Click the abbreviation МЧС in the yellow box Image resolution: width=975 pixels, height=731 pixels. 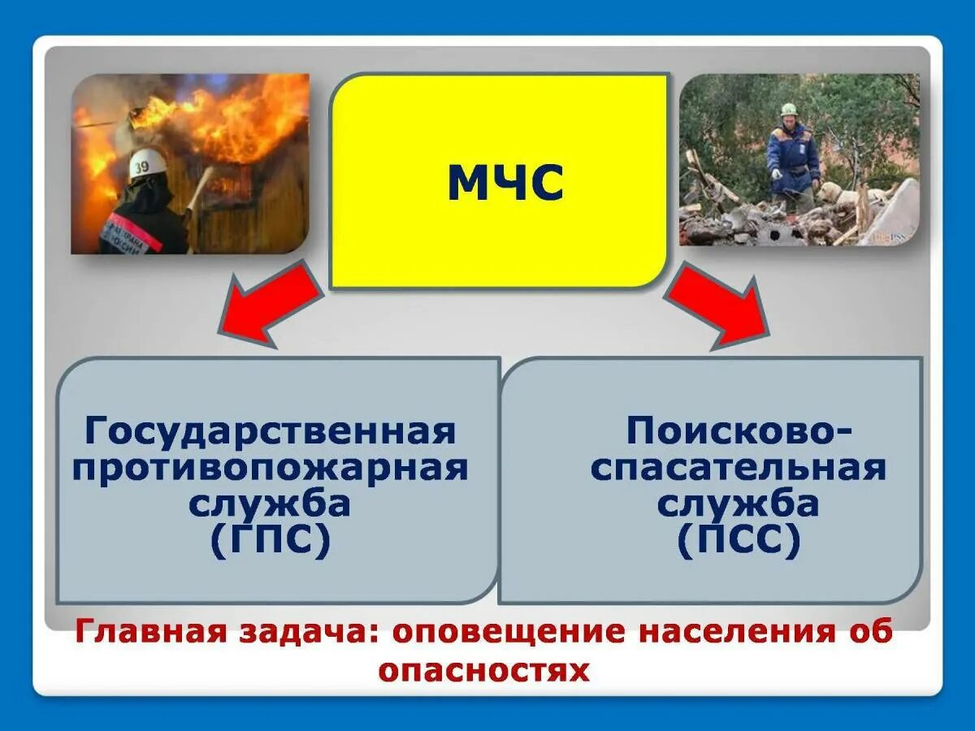pyautogui.click(x=505, y=184)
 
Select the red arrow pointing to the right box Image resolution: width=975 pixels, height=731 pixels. pyautogui.click(x=719, y=305)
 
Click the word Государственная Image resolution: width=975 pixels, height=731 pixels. pyautogui.click(x=271, y=430)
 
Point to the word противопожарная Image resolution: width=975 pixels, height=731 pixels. pyautogui.click(x=271, y=469)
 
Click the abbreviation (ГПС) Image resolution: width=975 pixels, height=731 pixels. pyautogui.click(x=271, y=541)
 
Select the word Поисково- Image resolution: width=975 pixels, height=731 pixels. pyautogui.click(x=739, y=430)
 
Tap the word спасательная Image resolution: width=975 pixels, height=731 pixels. pyautogui.click(x=739, y=469)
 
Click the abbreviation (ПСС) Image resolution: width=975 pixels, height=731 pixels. pyautogui.click(x=739, y=541)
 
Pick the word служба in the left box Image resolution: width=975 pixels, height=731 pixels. pyautogui.click(x=271, y=504)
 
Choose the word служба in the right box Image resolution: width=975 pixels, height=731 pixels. pyautogui.click(x=739, y=504)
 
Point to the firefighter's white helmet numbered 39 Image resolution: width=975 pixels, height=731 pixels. pyautogui.click(x=147, y=164)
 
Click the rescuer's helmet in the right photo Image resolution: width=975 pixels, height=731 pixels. pyautogui.click(x=788, y=110)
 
